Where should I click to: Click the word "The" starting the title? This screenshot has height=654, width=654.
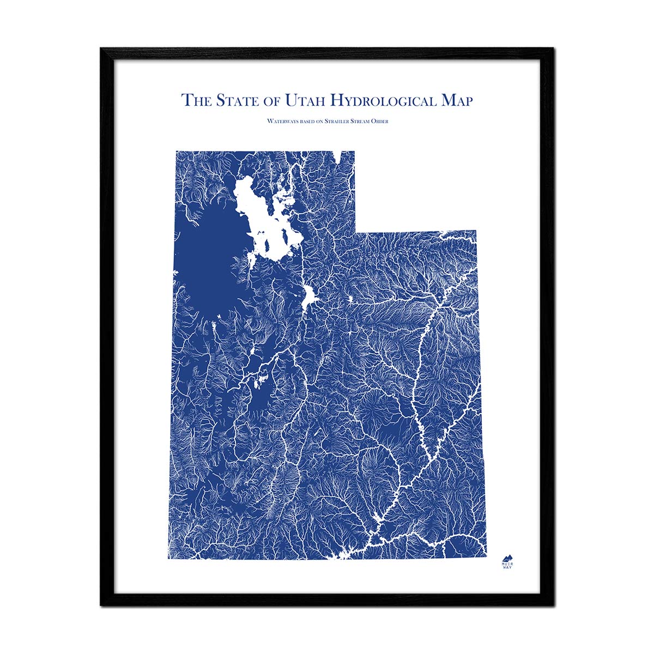(x=196, y=101)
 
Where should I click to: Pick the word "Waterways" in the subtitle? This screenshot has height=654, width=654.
(x=281, y=121)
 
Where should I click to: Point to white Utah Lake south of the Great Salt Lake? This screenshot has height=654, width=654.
(x=310, y=298)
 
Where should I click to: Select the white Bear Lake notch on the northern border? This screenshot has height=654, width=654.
(x=339, y=156)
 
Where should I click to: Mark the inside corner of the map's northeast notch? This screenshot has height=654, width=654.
(x=355, y=231)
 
